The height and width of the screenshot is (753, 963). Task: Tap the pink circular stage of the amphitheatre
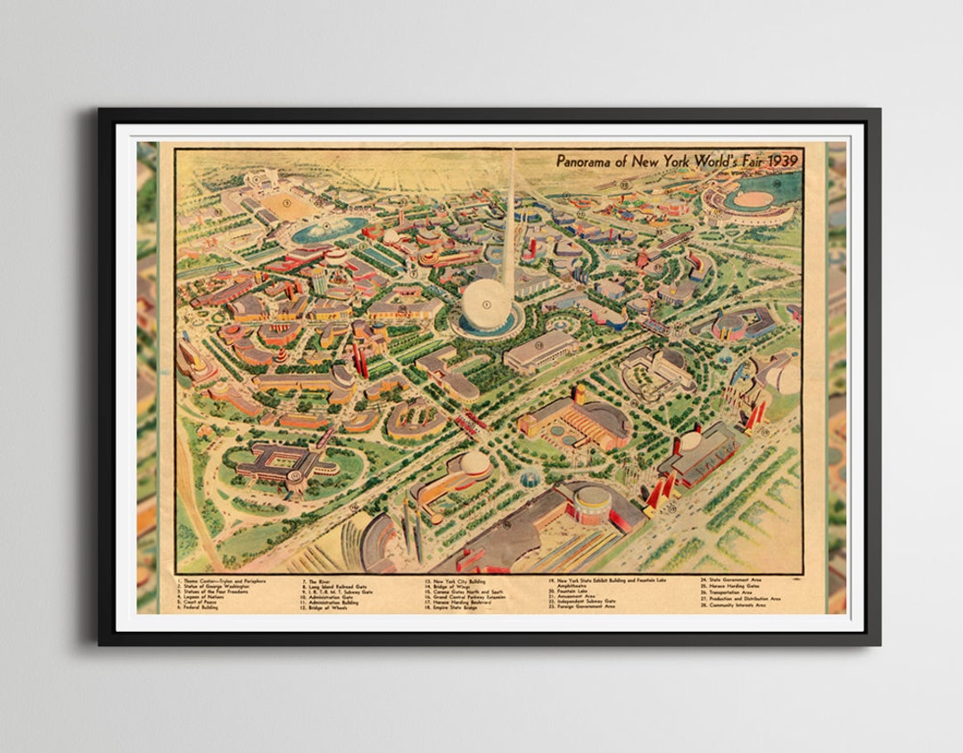(x=753, y=200)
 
